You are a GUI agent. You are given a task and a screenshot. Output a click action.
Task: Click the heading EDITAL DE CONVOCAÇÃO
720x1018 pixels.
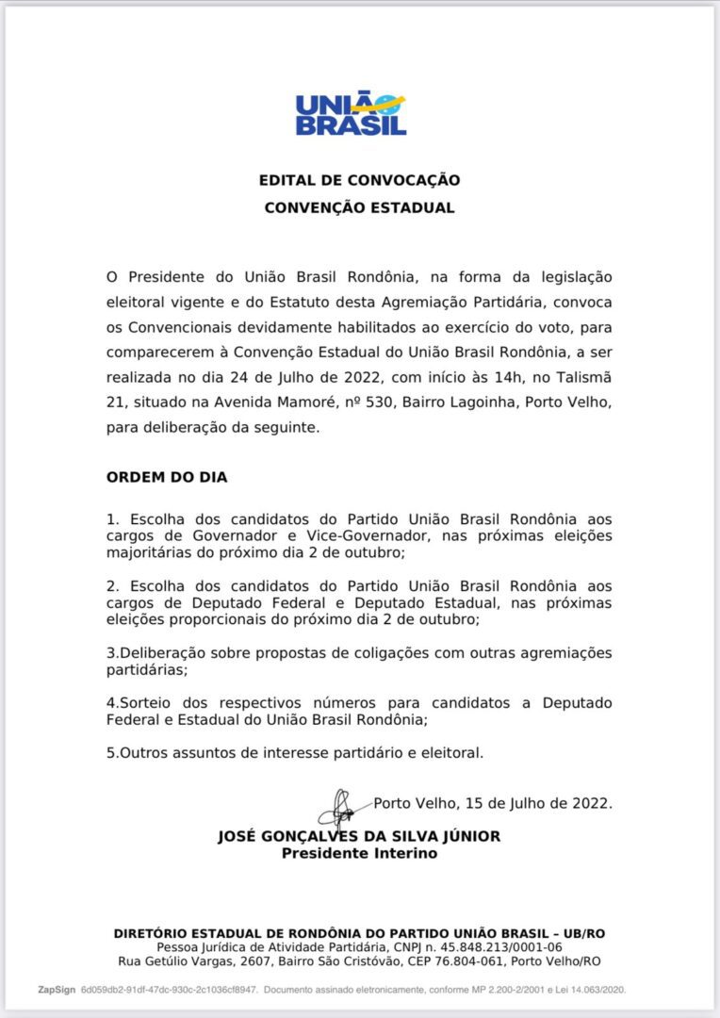pos(360,180)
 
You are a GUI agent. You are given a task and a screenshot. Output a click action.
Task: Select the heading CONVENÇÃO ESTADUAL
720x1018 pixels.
pos(359,207)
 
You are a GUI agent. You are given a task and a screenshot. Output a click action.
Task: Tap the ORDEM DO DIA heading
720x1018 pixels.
pos(167,477)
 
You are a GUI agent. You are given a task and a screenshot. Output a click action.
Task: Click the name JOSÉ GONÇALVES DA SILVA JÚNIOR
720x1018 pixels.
pos(359,836)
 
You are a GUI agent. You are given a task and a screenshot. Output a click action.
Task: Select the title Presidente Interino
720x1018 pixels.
pos(359,853)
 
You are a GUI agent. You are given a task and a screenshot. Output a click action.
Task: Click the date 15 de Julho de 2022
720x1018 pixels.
pos(535,804)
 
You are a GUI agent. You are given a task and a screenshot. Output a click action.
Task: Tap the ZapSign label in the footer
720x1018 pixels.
pos(56,990)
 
